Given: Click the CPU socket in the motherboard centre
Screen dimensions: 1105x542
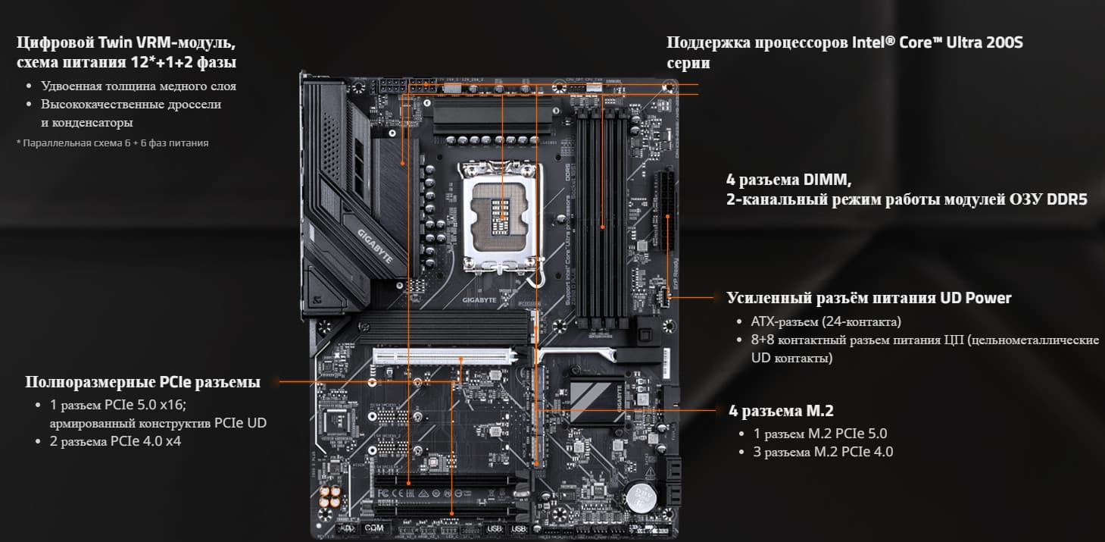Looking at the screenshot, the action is pyautogui.click(x=501, y=218).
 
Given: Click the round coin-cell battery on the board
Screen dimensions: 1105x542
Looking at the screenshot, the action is pyautogui.click(x=641, y=496).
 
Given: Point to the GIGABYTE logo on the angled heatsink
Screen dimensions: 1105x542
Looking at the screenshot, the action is pyautogui.click(x=375, y=246).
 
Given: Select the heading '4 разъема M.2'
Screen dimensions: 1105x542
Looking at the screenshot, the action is pyautogui.click(x=781, y=411).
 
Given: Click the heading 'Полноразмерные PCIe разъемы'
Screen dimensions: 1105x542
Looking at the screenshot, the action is pyautogui.click(x=142, y=382).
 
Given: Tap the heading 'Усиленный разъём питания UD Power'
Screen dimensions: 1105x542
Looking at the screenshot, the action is pyautogui.click(x=869, y=298).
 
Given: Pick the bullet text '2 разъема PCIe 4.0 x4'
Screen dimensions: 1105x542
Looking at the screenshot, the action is pyautogui.click(x=115, y=441).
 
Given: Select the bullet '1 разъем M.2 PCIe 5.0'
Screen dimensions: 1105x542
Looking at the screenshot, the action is pyautogui.click(x=820, y=434).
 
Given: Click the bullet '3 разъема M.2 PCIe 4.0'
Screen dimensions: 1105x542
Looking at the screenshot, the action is pyautogui.click(x=823, y=452).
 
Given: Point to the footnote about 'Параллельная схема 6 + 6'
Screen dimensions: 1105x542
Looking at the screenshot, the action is pyautogui.click(x=113, y=143).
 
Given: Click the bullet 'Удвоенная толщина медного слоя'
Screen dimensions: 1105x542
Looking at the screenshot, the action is pyautogui.click(x=139, y=86).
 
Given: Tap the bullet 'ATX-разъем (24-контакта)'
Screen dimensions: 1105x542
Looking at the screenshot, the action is pyautogui.click(x=826, y=322).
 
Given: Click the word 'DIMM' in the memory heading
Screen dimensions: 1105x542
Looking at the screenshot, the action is pyautogui.click(x=827, y=180).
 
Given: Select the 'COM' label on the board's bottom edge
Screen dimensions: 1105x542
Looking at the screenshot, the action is pyautogui.click(x=373, y=528).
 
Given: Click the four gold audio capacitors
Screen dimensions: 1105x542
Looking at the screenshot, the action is pyautogui.click(x=330, y=497).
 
